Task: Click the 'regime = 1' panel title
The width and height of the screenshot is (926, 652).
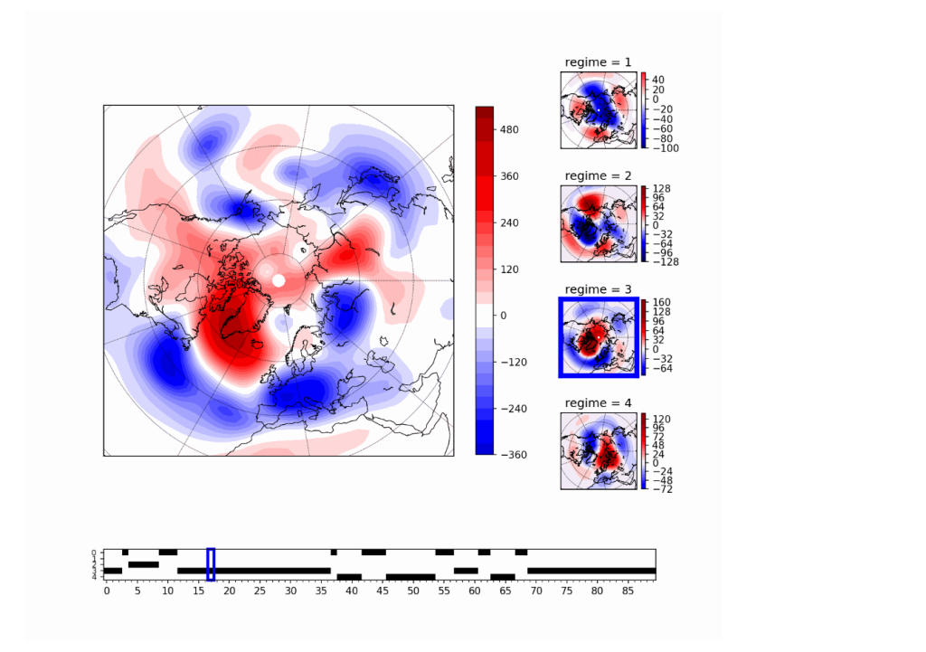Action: pos(598,62)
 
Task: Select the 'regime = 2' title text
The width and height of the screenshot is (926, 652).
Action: pos(598,175)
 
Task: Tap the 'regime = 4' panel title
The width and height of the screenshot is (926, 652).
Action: pos(598,402)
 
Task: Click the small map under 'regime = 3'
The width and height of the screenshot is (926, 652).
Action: pos(599,337)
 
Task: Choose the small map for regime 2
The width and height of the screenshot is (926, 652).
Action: pos(599,223)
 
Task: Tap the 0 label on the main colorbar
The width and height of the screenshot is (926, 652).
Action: pos(505,316)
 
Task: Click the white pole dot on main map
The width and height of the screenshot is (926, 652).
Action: pos(279,280)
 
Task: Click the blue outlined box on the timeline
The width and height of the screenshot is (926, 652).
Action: pos(211,564)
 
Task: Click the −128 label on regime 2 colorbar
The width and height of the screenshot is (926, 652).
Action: pos(665,262)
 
